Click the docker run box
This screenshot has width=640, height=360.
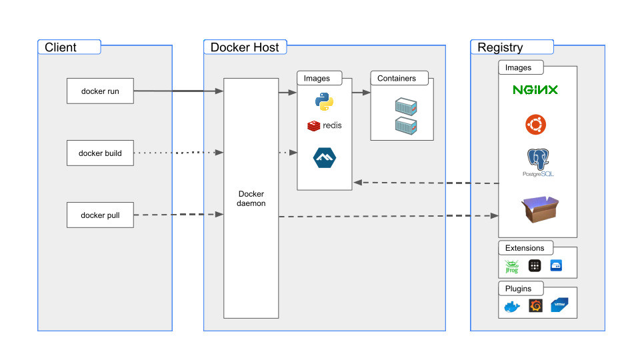100,91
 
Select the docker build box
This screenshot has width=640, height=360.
100,153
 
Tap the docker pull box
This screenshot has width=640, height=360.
100,215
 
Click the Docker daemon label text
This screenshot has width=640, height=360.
251,198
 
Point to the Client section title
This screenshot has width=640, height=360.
61,47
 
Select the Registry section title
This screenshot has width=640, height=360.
500,47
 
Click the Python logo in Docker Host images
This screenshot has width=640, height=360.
324,102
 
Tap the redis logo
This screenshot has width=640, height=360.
324,125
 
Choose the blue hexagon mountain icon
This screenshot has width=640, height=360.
325,157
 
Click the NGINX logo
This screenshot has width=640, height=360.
535,90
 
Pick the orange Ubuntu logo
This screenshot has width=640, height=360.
535,124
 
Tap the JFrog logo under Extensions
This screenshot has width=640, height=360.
511,267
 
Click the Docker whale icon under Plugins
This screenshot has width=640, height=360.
511,307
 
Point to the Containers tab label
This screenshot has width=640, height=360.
397,79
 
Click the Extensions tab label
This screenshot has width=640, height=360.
525,248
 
